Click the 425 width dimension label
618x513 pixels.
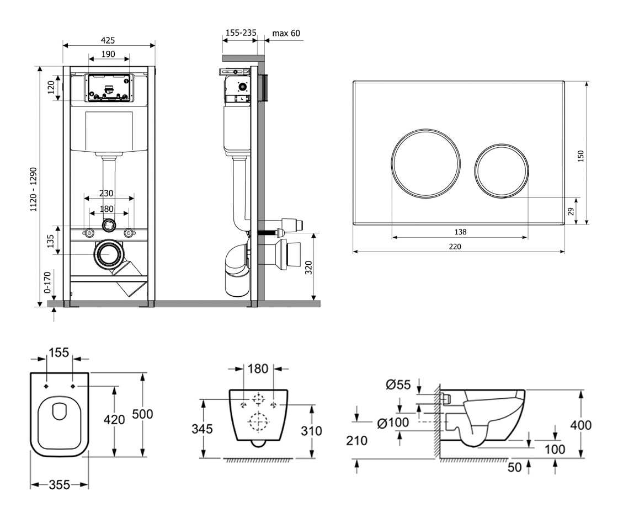tap(108, 40)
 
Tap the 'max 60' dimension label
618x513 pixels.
tap(286, 34)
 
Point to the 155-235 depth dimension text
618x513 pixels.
tap(241, 33)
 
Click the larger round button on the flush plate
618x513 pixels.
tap(426, 162)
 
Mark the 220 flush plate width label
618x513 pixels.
tap(455, 247)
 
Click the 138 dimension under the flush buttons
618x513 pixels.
tap(460, 232)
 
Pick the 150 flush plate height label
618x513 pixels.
tap(580, 157)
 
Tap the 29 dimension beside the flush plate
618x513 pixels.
tap(572, 211)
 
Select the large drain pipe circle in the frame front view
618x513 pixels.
tap(110, 255)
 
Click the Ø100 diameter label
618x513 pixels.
tap(393, 423)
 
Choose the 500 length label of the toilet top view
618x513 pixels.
tap(143, 414)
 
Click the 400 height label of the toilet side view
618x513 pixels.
tap(580, 425)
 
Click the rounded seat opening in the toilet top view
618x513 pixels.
tap(59, 412)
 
